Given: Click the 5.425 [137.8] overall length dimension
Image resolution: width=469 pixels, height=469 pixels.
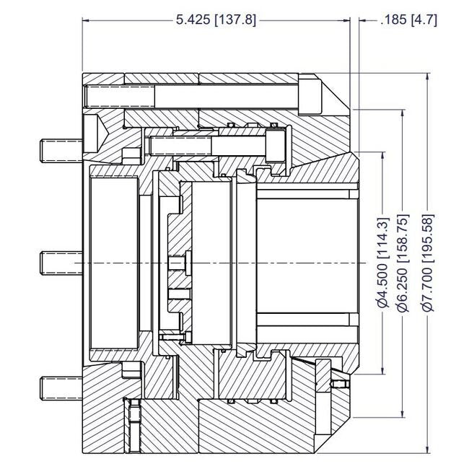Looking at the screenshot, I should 216,20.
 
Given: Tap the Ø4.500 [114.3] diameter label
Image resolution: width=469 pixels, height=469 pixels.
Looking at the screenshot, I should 383,263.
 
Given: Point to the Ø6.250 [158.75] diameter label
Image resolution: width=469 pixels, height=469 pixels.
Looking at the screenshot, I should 404,263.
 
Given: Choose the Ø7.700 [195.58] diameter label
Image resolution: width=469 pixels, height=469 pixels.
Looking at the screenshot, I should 427,263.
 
